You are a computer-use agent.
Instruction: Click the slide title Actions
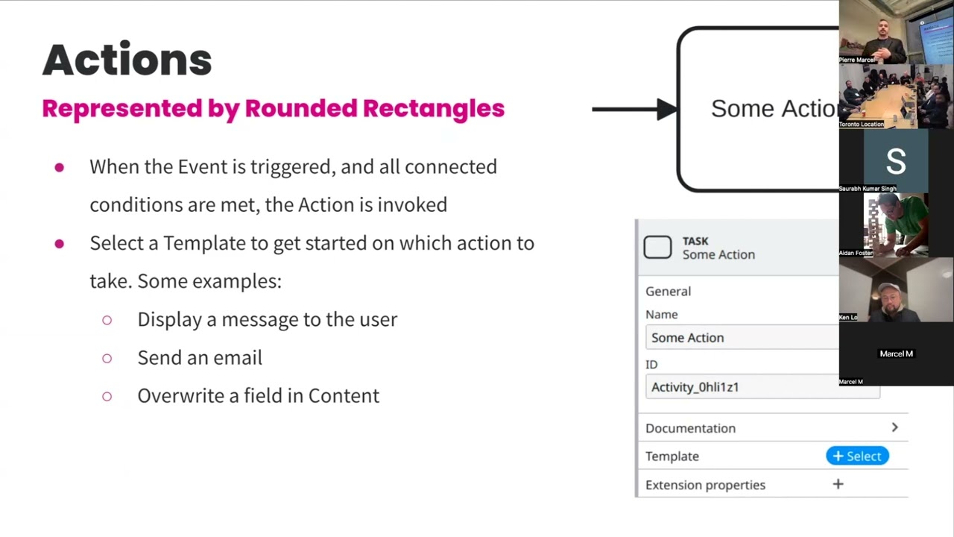[x=127, y=60]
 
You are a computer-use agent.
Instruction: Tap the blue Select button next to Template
[x=857, y=456]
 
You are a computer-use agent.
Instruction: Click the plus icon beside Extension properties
[x=838, y=485]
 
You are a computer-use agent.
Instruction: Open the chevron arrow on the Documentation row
[x=894, y=427]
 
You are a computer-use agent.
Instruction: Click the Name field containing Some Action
[x=742, y=338]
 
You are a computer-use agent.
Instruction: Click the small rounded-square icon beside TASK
[x=657, y=248]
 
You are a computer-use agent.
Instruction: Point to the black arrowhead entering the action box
[x=666, y=110]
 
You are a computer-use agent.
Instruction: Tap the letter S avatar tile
[x=895, y=161]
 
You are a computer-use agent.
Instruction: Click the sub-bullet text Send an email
[x=200, y=358]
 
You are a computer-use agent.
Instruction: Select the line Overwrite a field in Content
[x=258, y=396]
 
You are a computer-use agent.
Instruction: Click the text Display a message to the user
[x=267, y=319]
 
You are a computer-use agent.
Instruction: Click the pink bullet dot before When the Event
[x=59, y=168]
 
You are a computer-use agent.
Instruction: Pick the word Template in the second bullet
[x=204, y=243]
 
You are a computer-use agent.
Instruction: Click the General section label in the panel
[x=668, y=292]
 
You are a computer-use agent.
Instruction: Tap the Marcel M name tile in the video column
[x=896, y=354]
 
